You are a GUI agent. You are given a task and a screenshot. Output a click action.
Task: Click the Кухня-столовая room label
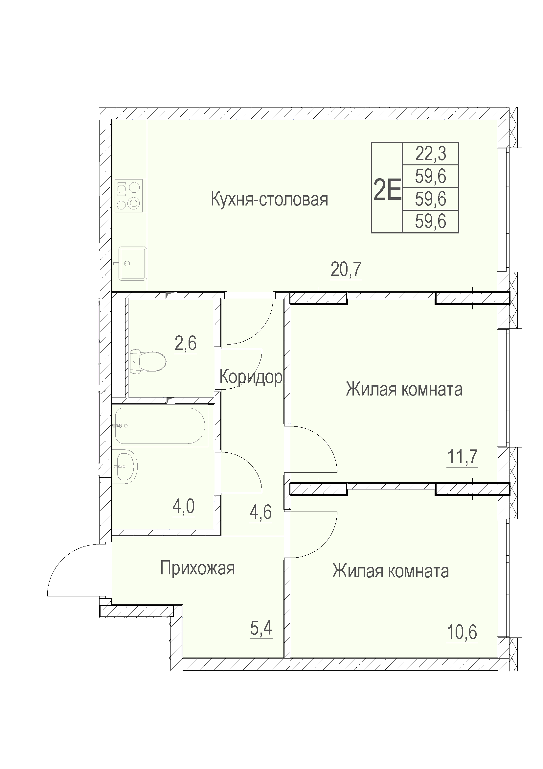pos(269,200)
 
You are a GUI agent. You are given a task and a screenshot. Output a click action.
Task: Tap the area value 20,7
pos(346,270)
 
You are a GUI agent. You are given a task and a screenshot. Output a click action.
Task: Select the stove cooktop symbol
pos(128,196)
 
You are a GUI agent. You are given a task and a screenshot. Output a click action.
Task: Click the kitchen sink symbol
pos(133,264)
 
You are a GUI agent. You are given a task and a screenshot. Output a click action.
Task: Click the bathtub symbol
pos(160,426)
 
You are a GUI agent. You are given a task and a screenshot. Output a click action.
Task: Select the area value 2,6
pos(185,344)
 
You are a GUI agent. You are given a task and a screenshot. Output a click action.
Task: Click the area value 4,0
pos(183,507)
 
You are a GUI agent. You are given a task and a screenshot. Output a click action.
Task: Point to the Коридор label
pos(251,377)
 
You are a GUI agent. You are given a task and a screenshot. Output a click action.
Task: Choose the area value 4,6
pos(261,513)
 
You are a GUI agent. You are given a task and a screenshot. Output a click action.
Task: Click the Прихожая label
pos(197,568)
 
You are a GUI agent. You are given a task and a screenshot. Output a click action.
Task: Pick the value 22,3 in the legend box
pos(431,154)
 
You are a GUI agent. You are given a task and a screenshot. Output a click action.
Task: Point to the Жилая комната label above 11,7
pos(404,390)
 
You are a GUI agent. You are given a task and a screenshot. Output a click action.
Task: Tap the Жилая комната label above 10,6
pos(391,571)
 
